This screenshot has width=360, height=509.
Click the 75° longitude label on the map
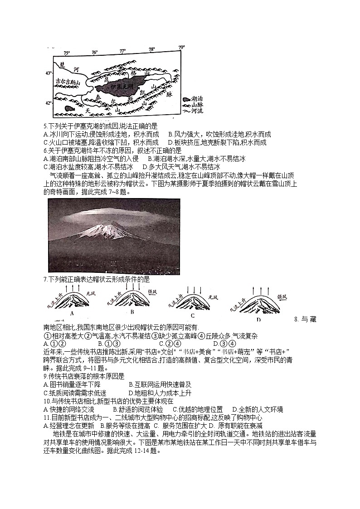[67, 53]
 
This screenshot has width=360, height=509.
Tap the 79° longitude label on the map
[181, 48]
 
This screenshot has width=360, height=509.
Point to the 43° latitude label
[49, 73]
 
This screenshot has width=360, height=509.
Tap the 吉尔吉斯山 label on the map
[68, 82]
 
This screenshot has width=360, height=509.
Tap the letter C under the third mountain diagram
[192, 315]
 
